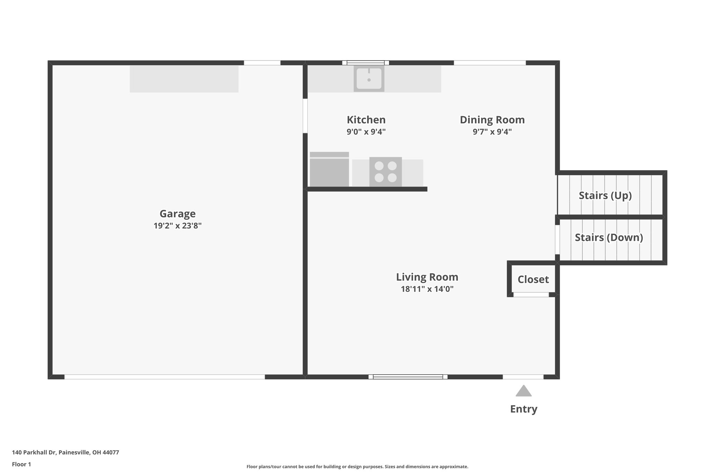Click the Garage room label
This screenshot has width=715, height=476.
[177, 213]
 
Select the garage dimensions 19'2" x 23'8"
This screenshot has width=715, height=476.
[177, 226]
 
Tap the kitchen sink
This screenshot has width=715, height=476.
[369, 78]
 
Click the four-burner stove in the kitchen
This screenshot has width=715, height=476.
[385, 172]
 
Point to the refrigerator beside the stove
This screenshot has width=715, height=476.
[329, 169]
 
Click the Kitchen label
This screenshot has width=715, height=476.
[366, 120]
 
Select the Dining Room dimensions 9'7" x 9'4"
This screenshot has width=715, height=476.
[492, 132]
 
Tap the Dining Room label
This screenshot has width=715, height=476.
[492, 120]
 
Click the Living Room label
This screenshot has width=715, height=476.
[427, 277]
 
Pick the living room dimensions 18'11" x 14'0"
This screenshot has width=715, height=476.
[427, 289]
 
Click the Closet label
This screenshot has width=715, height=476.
[533, 279]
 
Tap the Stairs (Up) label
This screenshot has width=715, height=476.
[605, 195]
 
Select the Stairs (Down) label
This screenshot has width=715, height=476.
[609, 237]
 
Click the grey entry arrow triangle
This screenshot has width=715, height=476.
[523, 392]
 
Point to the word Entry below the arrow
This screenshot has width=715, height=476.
[523, 409]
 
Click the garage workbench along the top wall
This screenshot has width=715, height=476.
[184, 79]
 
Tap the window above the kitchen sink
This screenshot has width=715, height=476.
[365, 63]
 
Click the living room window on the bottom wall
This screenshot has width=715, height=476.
[408, 377]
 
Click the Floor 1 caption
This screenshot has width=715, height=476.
[21, 464]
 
